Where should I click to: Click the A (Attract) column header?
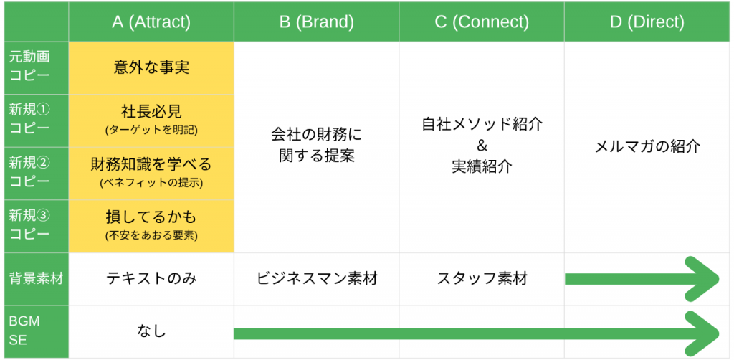(151, 22)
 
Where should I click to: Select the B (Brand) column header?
(316, 22)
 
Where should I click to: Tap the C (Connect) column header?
(481, 22)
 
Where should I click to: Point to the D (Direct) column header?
(647, 22)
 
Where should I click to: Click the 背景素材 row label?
(36, 279)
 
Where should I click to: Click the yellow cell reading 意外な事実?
(151, 68)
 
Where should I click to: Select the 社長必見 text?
(151, 112)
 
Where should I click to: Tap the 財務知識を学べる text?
(151, 164)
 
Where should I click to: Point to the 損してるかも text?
(151, 217)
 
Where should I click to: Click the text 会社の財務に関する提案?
(316, 146)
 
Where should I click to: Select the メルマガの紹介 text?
(647, 147)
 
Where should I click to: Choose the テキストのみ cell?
(151, 279)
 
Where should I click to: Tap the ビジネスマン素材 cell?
(316, 279)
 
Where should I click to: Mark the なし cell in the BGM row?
(151, 331)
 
